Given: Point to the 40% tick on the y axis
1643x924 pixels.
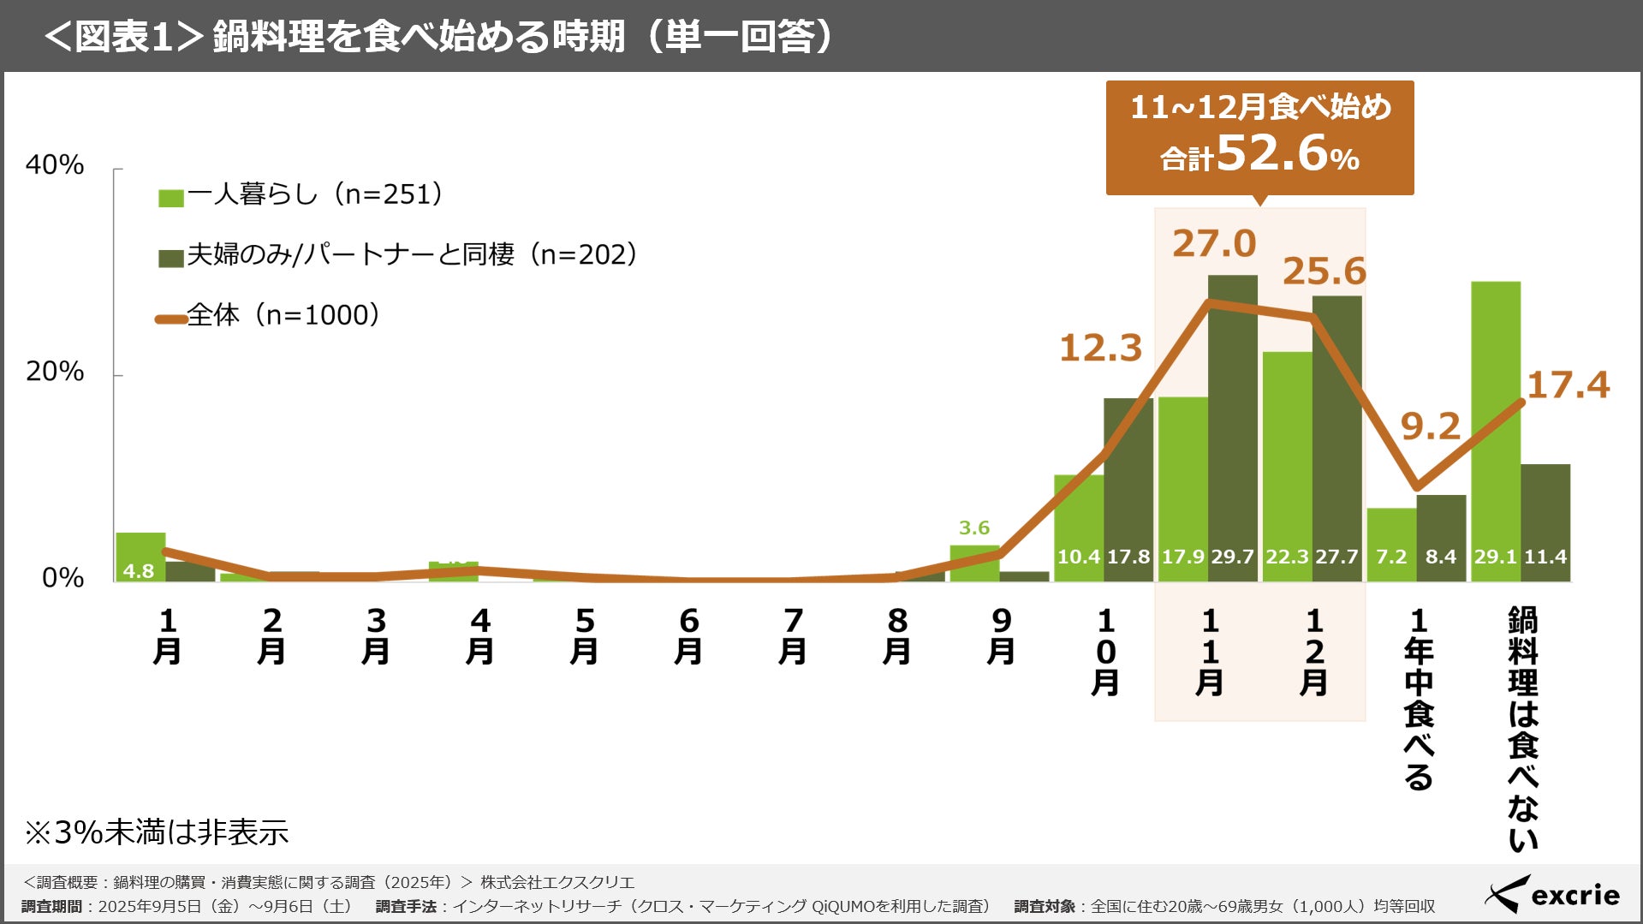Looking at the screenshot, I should click(55, 164).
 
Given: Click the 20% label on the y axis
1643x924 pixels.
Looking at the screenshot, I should click(55, 372).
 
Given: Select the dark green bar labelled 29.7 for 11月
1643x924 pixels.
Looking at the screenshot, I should click(1233, 428).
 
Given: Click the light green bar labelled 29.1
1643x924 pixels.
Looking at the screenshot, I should click(1496, 428).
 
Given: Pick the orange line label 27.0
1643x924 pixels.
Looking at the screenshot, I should click(1214, 244).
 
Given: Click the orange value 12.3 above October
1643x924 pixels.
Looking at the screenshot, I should click(1101, 349).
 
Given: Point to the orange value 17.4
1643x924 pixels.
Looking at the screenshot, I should click(1568, 385).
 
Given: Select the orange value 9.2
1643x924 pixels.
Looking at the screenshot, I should click(1430, 426).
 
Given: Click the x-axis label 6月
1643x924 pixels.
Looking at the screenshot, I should click(688, 636).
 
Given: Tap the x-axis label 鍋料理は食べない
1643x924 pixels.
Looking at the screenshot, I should click(1522, 728).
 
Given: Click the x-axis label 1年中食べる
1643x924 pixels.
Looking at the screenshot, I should click(1419, 698).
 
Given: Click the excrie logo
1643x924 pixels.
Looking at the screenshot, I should click(1552, 895).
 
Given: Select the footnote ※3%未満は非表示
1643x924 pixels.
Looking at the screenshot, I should click(157, 832).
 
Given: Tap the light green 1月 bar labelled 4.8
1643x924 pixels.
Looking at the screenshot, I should click(140, 557).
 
